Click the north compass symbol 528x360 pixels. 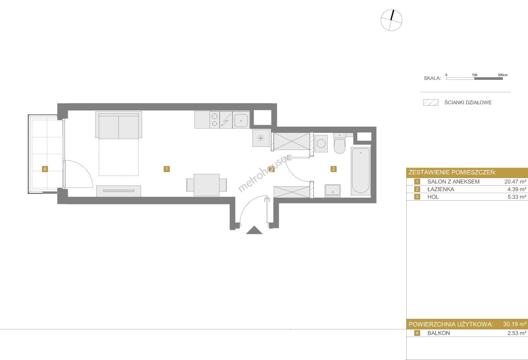point(391,20)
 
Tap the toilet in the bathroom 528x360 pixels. point(340,143)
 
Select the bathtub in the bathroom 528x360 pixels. point(361,171)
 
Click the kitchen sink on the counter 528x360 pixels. point(241,120)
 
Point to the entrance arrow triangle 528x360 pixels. point(254,230)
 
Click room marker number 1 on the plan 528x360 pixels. point(167,169)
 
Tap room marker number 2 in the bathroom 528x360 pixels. point(333,169)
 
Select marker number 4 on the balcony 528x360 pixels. point(45,169)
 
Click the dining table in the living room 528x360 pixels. point(206,185)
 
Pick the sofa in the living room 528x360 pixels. point(118,125)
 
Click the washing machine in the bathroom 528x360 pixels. point(321,143)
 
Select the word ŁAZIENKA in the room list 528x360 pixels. point(441,189)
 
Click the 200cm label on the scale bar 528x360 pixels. point(503,75)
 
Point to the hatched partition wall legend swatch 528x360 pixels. point(431,102)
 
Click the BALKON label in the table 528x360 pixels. point(439,333)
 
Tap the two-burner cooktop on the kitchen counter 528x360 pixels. point(214,120)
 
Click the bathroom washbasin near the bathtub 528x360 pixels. point(333,191)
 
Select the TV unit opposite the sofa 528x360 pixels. point(118,191)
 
